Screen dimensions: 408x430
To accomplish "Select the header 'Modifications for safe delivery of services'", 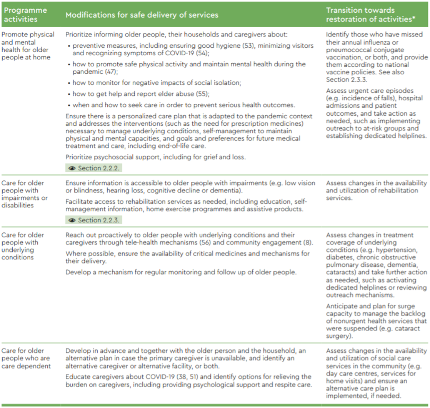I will click(x=142, y=15).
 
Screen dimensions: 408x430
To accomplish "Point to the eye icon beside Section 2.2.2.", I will click(x=72, y=168).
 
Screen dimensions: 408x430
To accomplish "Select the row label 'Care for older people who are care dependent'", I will click(x=26, y=358).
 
